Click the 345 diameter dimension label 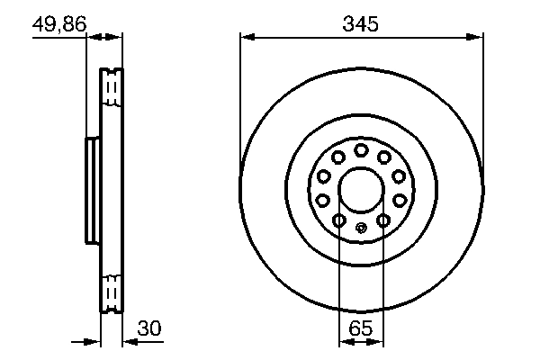coord(360,25)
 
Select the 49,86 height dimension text coord(59,25)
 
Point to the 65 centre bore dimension coord(360,329)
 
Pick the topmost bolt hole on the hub coord(360,149)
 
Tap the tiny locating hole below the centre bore coord(360,227)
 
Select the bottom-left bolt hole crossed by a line coord(338,220)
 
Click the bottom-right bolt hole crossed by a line coord(382,220)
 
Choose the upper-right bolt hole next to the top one coord(384,157)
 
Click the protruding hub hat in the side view coord(91,190)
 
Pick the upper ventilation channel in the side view coord(112,87)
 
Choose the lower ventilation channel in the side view coord(112,292)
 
